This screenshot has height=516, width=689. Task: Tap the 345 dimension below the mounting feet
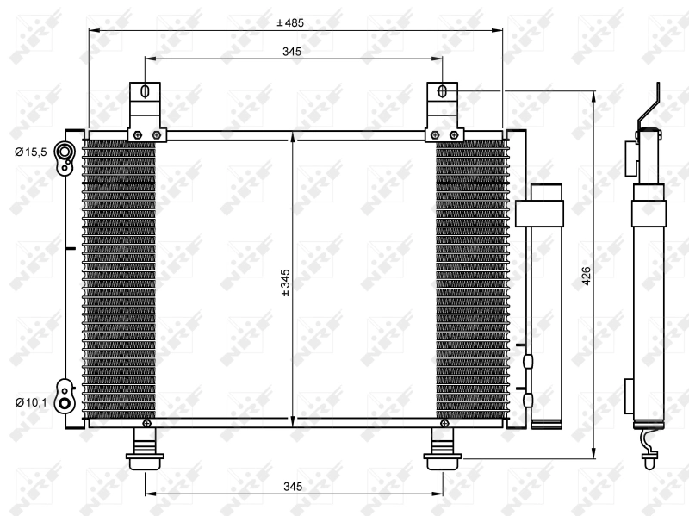click(x=293, y=488)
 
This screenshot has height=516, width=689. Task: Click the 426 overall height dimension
click(x=586, y=276)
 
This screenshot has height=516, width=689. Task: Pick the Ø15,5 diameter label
click(x=30, y=152)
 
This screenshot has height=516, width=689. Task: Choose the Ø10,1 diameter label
click(x=30, y=401)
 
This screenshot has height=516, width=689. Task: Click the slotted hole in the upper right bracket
click(x=442, y=91)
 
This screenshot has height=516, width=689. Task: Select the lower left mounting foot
click(x=144, y=453)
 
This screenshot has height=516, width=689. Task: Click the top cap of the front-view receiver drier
click(x=544, y=190)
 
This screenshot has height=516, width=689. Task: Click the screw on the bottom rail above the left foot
click(x=147, y=423)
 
